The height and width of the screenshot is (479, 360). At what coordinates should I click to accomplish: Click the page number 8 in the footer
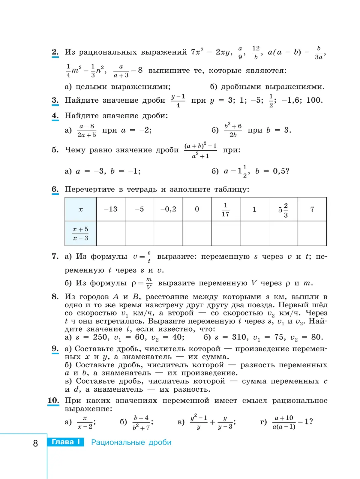click(x=35, y=443)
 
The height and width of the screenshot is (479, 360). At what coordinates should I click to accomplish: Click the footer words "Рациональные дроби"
click(x=131, y=442)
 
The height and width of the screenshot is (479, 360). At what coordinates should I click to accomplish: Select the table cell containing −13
click(x=110, y=209)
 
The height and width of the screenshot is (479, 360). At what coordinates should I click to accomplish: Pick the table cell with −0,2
click(x=168, y=209)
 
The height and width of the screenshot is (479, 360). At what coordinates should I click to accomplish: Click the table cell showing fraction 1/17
click(x=225, y=209)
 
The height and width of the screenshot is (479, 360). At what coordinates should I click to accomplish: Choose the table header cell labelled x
click(x=80, y=209)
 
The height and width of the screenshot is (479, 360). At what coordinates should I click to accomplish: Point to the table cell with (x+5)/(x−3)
click(x=80, y=233)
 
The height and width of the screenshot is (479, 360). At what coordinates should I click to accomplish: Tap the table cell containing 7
click(x=312, y=209)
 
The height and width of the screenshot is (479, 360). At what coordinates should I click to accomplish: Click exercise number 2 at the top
click(x=55, y=52)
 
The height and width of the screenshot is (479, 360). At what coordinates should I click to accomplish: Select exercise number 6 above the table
click(x=55, y=189)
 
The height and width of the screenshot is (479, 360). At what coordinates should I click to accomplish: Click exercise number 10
click(x=53, y=400)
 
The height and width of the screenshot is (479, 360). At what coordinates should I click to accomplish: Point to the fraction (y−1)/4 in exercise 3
click(x=178, y=101)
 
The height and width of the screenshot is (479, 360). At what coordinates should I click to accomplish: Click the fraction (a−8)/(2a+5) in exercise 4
click(x=87, y=131)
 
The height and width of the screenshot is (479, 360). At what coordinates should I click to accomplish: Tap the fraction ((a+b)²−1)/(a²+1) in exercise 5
click(x=200, y=151)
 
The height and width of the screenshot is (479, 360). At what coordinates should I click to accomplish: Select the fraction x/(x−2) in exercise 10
click(x=85, y=422)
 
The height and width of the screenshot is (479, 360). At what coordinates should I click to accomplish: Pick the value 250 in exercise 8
click(x=100, y=337)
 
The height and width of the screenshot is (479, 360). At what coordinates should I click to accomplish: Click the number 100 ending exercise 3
click(x=314, y=100)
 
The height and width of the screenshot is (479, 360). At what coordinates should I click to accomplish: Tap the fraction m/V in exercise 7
click(x=149, y=283)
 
